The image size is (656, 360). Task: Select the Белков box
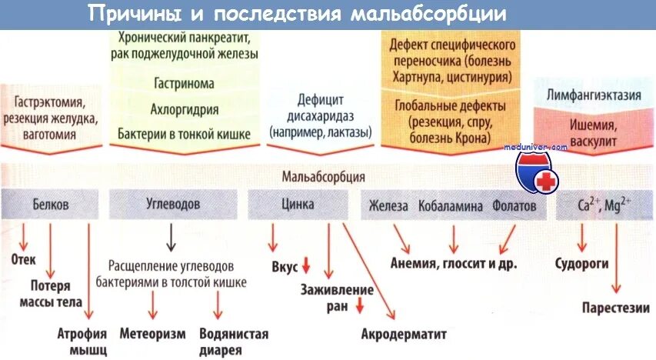point(51,205)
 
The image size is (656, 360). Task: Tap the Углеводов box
point(173,205)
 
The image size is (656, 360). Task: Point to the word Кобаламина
point(451,206)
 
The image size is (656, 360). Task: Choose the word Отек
point(24,259)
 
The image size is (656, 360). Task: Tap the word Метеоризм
point(153,334)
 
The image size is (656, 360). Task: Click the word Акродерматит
point(404,334)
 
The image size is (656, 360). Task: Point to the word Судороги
point(582,263)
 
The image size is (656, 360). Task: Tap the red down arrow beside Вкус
point(305,266)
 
